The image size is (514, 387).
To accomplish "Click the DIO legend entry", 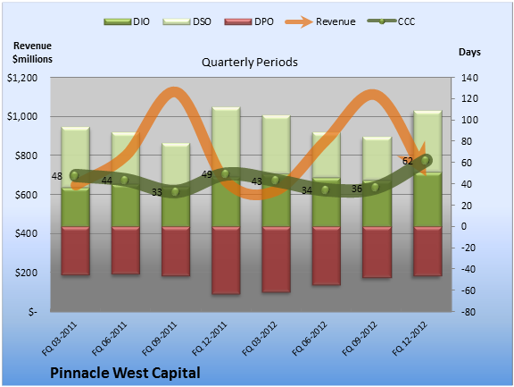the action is coord(127,21).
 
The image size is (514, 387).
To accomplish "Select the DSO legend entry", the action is coord(187,21).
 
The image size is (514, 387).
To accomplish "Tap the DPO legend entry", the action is coord(249,21).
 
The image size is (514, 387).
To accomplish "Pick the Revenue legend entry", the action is coord(320,21).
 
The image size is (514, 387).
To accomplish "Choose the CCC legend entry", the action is coord(391,21).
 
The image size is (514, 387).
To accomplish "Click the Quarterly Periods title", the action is coord(250,63).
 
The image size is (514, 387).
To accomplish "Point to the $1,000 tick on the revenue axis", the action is coord(22,116).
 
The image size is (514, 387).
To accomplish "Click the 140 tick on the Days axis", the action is coord(469,78).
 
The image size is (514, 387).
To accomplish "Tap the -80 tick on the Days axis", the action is coord(468,312).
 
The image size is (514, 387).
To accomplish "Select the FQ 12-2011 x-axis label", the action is coord(210,339).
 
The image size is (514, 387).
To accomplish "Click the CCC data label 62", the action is coord(408,161).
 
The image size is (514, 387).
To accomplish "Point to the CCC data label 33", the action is coord(157,192).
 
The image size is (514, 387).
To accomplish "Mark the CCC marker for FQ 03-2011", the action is coord(74,175).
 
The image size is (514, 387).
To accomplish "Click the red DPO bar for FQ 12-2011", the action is coord(226,260).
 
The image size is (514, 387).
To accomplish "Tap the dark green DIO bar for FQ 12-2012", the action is coord(427,199).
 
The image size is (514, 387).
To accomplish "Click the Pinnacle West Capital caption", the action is coord(125,373).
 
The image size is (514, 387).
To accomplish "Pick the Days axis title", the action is coord(469,52).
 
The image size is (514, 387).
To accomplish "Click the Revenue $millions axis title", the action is coord(32,52).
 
